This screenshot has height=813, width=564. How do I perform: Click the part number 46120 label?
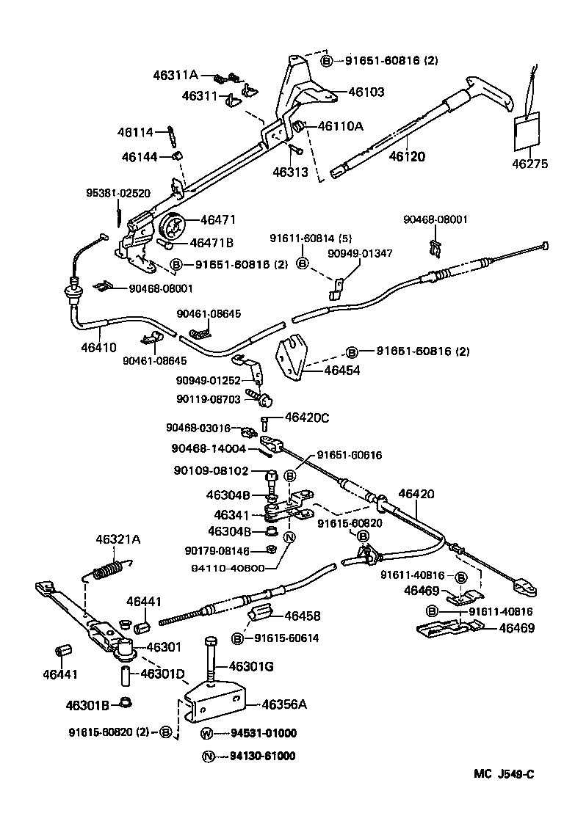[x=406, y=156]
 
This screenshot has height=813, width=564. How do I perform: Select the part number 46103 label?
[x=366, y=92]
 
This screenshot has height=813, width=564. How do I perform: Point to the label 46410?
[x=98, y=348]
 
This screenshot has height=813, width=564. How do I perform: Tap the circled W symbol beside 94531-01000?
[x=206, y=733]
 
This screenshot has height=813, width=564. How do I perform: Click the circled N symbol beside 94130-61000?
[x=206, y=757]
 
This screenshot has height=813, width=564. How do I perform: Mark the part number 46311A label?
[x=176, y=74]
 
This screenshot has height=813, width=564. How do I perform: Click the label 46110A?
[x=340, y=126]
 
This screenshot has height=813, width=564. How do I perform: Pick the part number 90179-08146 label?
[x=218, y=550]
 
